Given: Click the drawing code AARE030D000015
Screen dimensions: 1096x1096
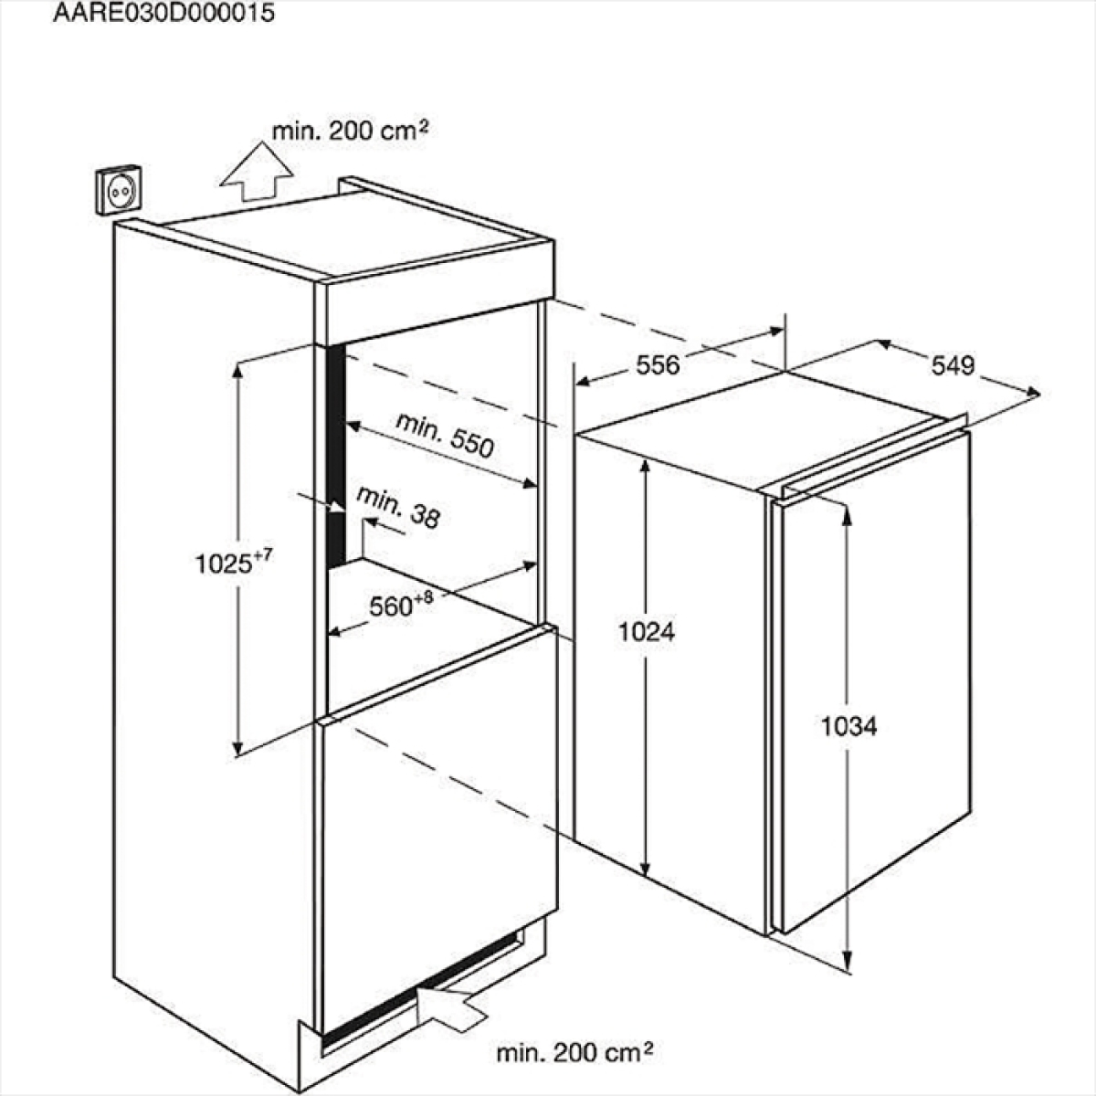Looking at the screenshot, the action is (x=163, y=13).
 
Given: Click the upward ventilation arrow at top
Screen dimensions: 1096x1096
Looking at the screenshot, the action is (x=257, y=171).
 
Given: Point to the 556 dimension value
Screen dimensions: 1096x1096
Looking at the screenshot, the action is (x=658, y=365).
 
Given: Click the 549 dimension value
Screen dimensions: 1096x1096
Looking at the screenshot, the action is (x=954, y=365).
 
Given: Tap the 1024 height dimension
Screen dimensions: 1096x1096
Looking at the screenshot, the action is (x=647, y=632).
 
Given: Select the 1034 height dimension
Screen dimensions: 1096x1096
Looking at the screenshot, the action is (x=849, y=727).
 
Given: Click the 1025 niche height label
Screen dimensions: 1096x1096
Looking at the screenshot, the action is (x=223, y=564).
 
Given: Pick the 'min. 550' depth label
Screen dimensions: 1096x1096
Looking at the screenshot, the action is (x=445, y=436).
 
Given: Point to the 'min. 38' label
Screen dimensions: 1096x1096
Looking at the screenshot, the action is (x=398, y=507).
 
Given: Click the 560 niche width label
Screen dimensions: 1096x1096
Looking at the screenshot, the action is (x=391, y=606).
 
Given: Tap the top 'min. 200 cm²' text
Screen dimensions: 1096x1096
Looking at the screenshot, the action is (x=350, y=132).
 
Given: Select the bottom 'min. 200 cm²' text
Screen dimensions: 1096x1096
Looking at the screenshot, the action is (x=574, y=1052).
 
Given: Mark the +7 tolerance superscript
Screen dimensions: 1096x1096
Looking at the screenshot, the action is (x=262, y=553).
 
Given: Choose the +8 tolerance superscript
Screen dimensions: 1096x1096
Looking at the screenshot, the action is (x=424, y=597).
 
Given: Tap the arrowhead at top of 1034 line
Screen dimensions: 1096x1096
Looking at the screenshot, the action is (x=848, y=514).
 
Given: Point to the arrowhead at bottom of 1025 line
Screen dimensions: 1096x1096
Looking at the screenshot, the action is (x=238, y=748).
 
